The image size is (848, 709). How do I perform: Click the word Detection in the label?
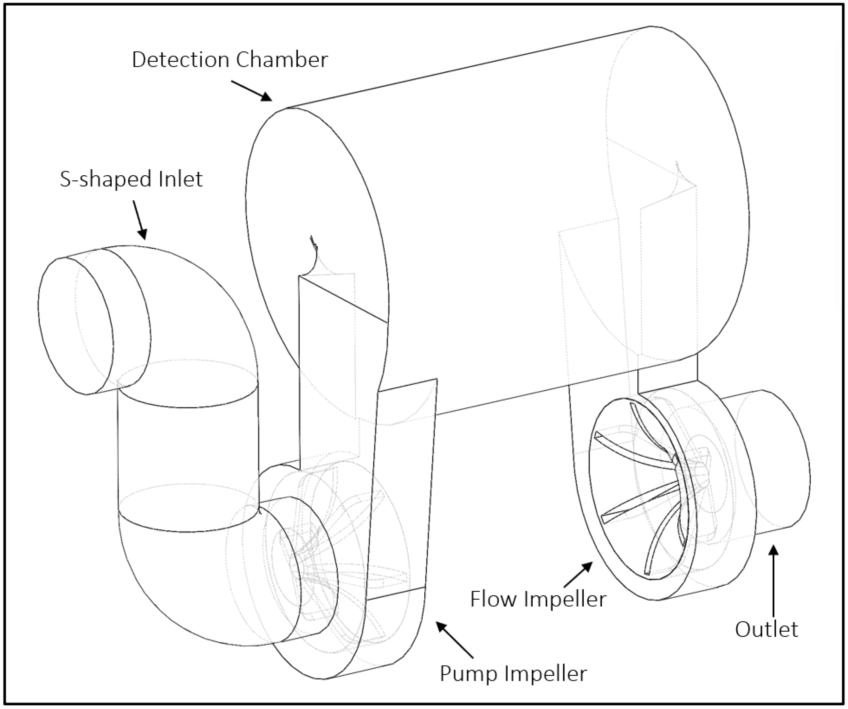tap(180, 60)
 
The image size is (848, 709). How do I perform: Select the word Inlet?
tap(180, 179)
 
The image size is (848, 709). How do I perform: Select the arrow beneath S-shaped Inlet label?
tap(139, 220)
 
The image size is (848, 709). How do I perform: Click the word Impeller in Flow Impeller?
tap(565, 599)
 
